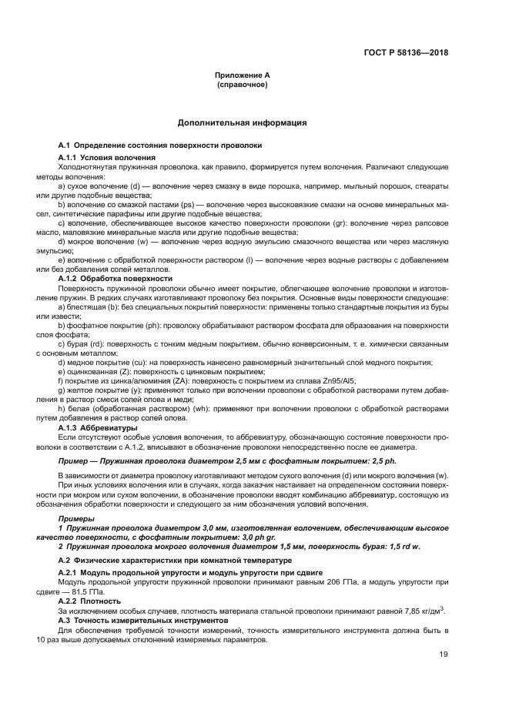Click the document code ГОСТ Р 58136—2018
point(406,53)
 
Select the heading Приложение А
point(242,75)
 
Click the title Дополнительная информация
point(242,122)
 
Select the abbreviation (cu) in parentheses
point(140,362)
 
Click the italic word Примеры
point(75,520)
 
